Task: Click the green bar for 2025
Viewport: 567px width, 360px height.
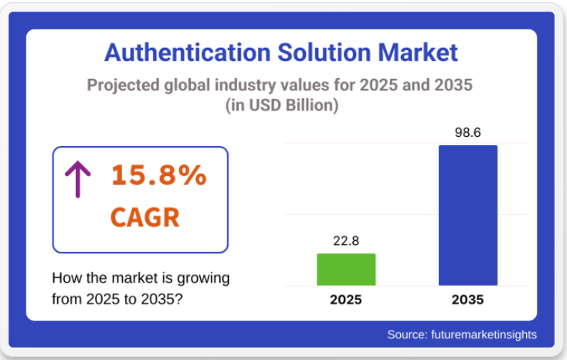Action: (x=346, y=270)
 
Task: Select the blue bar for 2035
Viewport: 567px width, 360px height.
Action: (x=467, y=216)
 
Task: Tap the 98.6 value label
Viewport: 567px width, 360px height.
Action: (x=467, y=132)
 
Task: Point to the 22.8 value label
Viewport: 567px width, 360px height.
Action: (x=346, y=241)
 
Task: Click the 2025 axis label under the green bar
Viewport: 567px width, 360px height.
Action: (x=346, y=300)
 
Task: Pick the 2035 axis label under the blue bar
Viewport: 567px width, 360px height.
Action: (x=467, y=300)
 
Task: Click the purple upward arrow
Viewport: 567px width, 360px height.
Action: (x=77, y=178)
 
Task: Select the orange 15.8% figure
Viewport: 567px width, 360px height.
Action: (x=159, y=175)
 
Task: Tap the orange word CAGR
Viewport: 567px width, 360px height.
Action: (x=145, y=216)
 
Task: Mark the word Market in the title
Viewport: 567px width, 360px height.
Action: (x=418, y=53)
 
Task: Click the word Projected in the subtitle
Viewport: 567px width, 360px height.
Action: (x=123, y=85)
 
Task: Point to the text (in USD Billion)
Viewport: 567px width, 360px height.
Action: (x=282, y=106)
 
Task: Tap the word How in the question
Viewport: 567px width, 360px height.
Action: (x=64, y=278)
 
